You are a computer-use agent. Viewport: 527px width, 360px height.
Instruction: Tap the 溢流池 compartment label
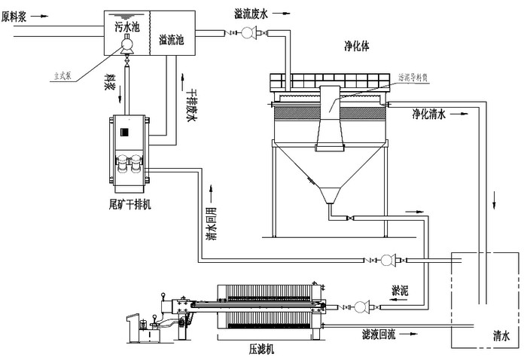pos(172,40)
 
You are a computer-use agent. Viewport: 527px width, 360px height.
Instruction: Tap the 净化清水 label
pos(429,114)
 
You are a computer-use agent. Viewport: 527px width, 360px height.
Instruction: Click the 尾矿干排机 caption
pos(130,204)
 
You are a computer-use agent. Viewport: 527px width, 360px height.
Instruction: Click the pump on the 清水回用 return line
pos(387,260)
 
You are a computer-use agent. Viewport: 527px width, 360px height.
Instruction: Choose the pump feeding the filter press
pos(360,307)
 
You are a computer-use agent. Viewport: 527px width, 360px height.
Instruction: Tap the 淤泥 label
pos(400,289)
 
